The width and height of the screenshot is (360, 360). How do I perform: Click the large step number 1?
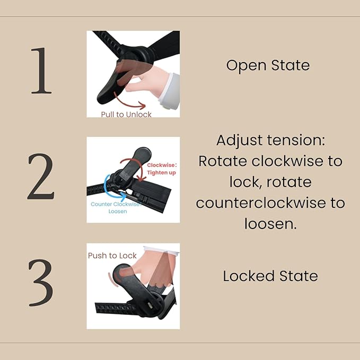41,71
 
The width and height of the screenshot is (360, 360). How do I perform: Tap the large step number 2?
41,177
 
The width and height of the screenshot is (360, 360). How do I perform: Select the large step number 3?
41,283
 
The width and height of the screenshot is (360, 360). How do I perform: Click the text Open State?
268,66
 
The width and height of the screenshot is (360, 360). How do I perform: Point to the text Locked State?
270,276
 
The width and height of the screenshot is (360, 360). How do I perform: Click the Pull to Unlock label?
126,115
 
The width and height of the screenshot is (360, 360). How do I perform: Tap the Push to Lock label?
112,256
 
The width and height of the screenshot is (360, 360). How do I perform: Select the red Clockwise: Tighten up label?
162,169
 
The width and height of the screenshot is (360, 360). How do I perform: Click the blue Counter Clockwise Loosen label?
116,207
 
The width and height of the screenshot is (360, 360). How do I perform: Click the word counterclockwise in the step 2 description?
260,203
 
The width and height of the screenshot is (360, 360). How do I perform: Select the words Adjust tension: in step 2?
271,141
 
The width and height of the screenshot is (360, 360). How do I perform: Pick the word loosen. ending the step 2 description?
270,224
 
